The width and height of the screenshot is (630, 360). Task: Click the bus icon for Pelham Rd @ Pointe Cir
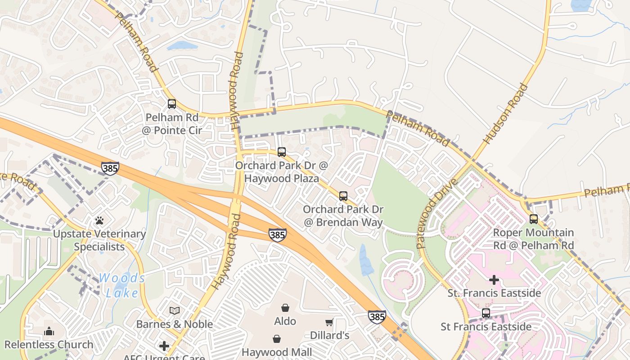tap(172, 104)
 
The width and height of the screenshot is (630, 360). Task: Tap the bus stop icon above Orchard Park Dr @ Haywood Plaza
tap(282, 152)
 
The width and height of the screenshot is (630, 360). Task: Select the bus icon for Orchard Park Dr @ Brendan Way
tap(343, 196)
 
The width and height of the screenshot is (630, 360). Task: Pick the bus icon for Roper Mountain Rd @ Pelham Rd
tap(534, 219)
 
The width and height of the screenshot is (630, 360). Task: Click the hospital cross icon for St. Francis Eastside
tap(494, 280)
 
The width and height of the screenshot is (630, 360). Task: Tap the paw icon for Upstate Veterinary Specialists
tap(99, 220)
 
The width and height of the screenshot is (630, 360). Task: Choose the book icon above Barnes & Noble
tap(175, 311)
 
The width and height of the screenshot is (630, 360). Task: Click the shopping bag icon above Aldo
tap(285, 308)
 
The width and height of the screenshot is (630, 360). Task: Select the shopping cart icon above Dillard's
tap(329, 322)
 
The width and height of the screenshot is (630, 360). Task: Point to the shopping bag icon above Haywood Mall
tap(276, 338)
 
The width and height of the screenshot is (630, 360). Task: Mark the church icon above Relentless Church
tap(49, 332)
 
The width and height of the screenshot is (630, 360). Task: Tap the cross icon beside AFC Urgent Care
tap(164, 346)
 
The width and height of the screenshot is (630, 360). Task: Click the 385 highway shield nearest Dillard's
tap(377, 317)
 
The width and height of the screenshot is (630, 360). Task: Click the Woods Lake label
tap(122, 285)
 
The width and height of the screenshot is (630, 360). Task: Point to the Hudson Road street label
tap(505, 114)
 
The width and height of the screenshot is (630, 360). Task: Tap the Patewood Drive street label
tap(436, 214)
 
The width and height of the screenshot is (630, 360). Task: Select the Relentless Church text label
tap(49, 345)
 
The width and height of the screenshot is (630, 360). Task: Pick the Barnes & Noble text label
tap(175, 324)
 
